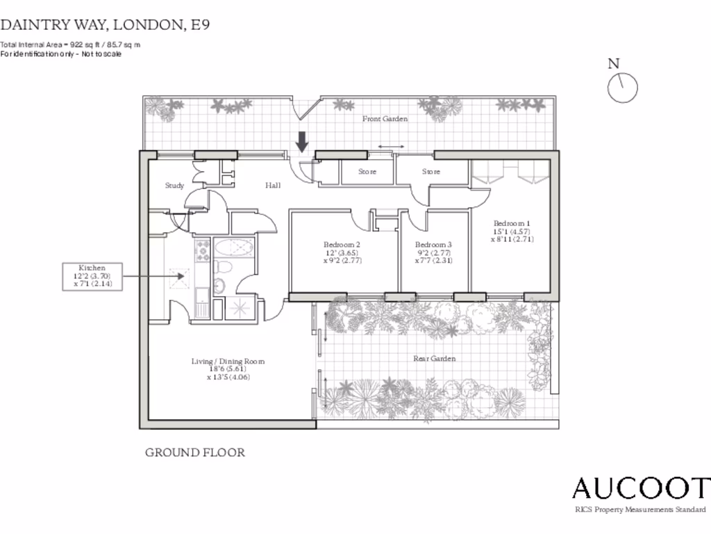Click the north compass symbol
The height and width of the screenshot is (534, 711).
pos(622,88)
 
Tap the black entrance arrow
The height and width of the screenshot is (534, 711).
pos(302,142)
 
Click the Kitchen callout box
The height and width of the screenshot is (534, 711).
pos(92,276)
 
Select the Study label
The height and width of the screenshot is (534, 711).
pos(174,186)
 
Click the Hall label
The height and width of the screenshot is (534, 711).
pos(273,186)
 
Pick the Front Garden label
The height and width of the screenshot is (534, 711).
pos(385,119)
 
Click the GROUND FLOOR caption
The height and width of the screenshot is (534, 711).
pos(194,453)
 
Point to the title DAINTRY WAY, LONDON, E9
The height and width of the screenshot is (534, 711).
pos(105,25)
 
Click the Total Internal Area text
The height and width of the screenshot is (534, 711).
pos(70,44)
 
